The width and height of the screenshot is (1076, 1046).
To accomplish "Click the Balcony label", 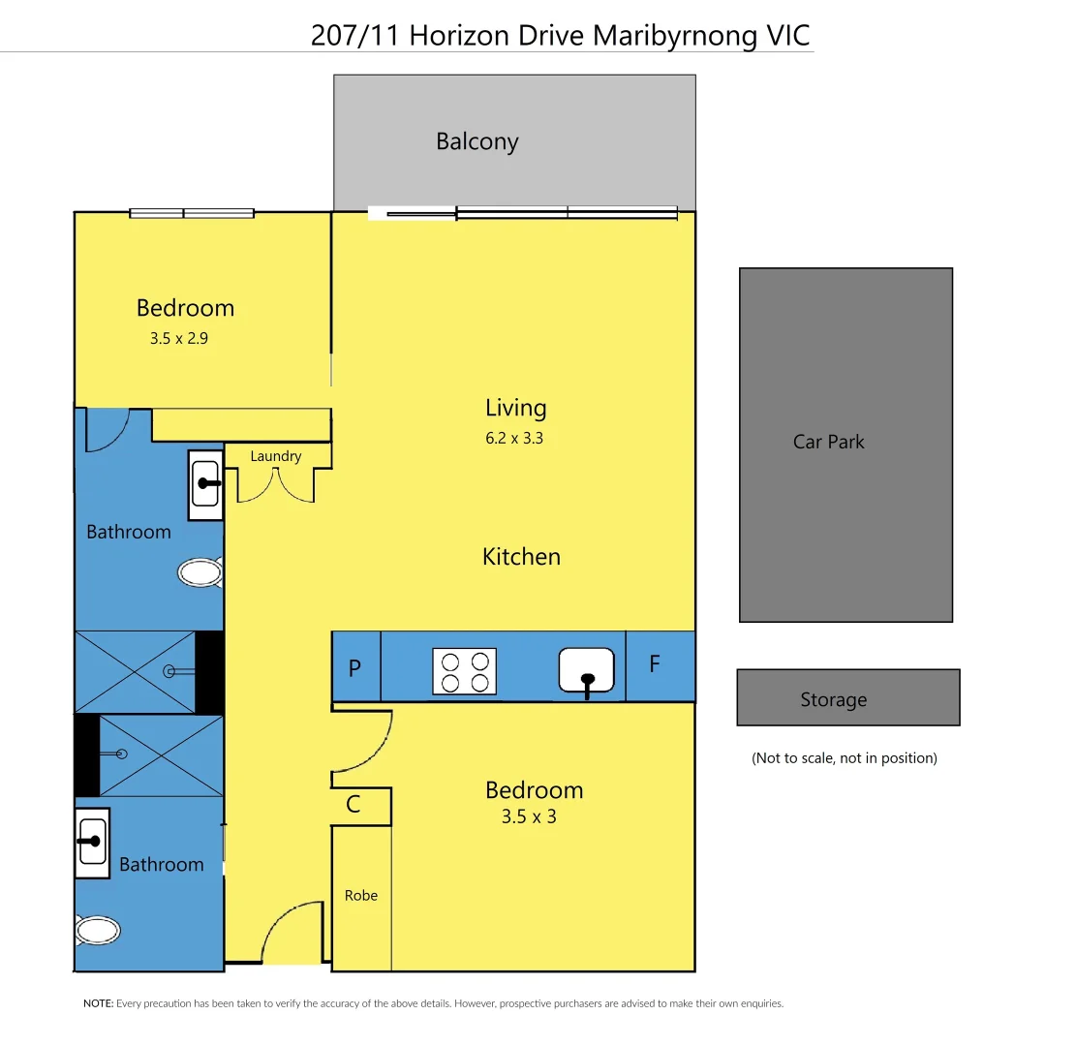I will click(477, 141).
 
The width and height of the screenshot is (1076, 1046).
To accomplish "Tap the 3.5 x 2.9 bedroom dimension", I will click(179, 339).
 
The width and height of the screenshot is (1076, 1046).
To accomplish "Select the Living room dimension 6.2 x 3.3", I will click(515, 438).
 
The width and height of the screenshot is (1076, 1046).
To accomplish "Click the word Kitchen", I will click(521, 557).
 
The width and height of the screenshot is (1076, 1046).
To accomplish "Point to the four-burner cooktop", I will click(464, 671).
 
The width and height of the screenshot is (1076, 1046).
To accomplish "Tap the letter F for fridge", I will click(655, 664).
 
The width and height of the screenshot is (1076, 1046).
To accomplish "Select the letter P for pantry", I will click(354, 667).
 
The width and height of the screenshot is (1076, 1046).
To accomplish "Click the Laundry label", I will click(276, 456).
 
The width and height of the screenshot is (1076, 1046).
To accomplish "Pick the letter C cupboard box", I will click(354, 805).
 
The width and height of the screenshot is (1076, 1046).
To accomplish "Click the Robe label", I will click(361, 896).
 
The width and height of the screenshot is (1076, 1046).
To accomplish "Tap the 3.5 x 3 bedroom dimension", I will click(529, 816).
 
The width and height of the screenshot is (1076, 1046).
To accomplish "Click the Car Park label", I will click(828, 442).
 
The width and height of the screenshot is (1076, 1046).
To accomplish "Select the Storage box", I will click(847, 697).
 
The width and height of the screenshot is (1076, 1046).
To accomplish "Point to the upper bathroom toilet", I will click(200, 572).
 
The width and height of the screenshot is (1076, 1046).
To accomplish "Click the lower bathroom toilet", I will click(98, 932).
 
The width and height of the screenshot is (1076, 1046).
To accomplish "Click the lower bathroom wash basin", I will click(93, 842).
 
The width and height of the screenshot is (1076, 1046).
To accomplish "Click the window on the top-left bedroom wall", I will click(192, 213).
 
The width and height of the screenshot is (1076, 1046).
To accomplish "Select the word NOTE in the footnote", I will click(98, 1004).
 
